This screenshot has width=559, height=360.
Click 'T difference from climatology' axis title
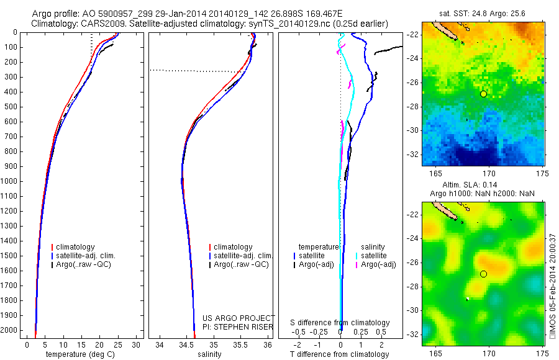tap(340, 354)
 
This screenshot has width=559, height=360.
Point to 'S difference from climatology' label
tap(340, 323)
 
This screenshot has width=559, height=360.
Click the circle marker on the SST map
tap(483, 94)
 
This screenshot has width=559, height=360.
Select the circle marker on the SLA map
tap(483, 274)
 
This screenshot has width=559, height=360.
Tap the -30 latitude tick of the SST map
tap(415, 130)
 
